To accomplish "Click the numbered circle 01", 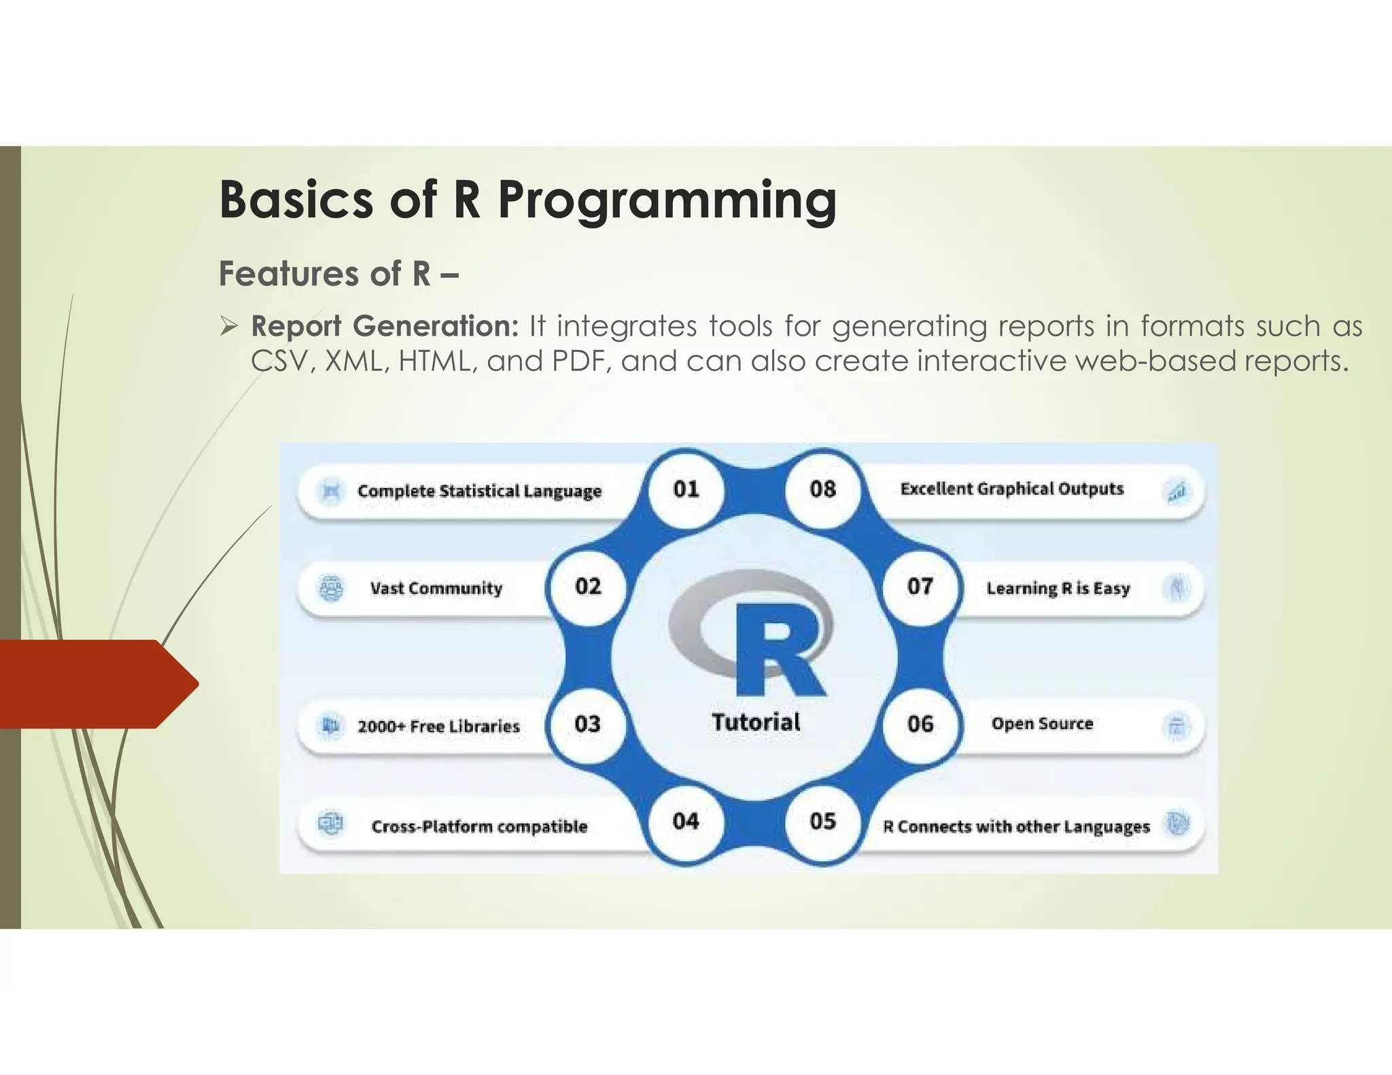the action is (686, 489).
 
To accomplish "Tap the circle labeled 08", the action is (822, 489).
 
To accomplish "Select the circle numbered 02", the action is (588, 586).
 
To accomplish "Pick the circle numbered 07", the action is (920, 586).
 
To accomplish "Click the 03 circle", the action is (588, 724).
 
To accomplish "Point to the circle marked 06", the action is (920, 724).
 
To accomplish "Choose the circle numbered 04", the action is (686, 821).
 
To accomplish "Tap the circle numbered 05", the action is (822, 821).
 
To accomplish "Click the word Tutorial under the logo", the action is (756, 722).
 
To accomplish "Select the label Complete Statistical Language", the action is (479, 491).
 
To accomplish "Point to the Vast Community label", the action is (436, 588).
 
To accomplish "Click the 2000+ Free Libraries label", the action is (438, 726).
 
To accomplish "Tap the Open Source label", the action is (1042, 724).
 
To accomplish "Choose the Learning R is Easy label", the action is (1058, 588).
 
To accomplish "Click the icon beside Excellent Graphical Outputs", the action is (1177, 491).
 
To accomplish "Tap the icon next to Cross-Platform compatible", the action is (331, 824).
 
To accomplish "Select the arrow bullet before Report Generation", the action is (228, 327).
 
